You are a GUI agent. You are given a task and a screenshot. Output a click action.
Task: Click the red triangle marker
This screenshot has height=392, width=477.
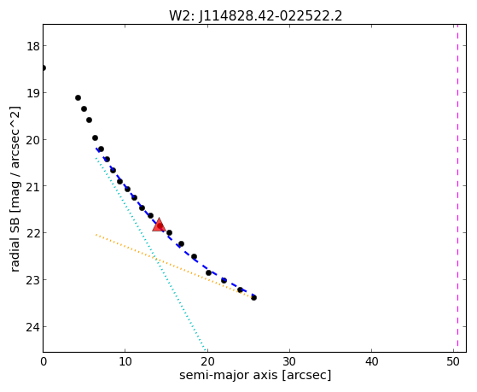click(x=159, y=225)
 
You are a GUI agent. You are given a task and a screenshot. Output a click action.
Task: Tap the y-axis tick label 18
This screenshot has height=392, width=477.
click(x=32, y=46)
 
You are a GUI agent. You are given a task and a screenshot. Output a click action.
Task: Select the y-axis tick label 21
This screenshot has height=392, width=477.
click(x=32, y=186)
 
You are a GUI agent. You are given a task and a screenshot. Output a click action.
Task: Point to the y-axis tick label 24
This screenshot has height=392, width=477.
click(x=32, y=327)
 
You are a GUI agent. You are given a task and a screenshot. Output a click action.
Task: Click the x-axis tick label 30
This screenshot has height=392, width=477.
click(x=289, y=361)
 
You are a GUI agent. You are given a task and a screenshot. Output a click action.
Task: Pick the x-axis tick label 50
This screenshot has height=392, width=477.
click(x=453, y=361)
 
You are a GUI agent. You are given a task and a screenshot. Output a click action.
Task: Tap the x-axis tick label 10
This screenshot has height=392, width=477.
click(x=125, y=361)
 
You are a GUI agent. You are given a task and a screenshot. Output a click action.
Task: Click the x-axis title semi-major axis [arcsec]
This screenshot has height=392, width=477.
click(x=255, y=375)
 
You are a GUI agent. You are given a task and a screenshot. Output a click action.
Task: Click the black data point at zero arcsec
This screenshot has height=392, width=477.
click(x=44, y=67)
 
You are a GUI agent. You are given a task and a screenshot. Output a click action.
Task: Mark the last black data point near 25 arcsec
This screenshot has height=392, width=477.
click(x=253, y=297)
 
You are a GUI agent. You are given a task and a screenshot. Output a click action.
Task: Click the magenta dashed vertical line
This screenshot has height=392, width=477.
click(x=457, y=188)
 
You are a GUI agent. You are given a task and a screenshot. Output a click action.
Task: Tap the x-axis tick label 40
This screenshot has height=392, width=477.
click(x=371, y=361)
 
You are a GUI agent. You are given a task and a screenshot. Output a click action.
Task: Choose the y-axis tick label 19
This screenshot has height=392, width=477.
click(x=32, y=93)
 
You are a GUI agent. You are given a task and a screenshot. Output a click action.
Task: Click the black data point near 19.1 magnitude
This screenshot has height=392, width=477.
click(x=78, y=97)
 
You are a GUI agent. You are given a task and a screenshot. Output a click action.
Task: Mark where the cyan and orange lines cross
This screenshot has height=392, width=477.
click(x=156, y=259)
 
